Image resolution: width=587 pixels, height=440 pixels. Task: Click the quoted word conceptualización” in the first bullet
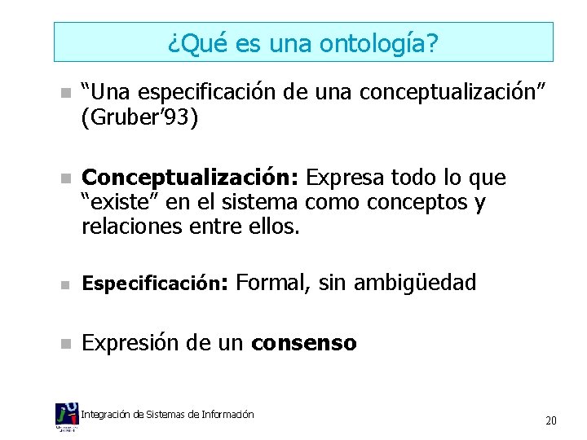click(x=466, y=93)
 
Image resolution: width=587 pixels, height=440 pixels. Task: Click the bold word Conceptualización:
click(x=192, y=178)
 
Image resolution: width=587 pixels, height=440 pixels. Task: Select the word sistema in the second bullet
click(x=268, y=202)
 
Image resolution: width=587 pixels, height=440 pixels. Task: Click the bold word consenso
click(x=304, y=343)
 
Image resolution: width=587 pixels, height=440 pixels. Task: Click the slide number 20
click(x=551, y=420)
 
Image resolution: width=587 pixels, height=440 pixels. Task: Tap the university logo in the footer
click(x=67, y=416)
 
